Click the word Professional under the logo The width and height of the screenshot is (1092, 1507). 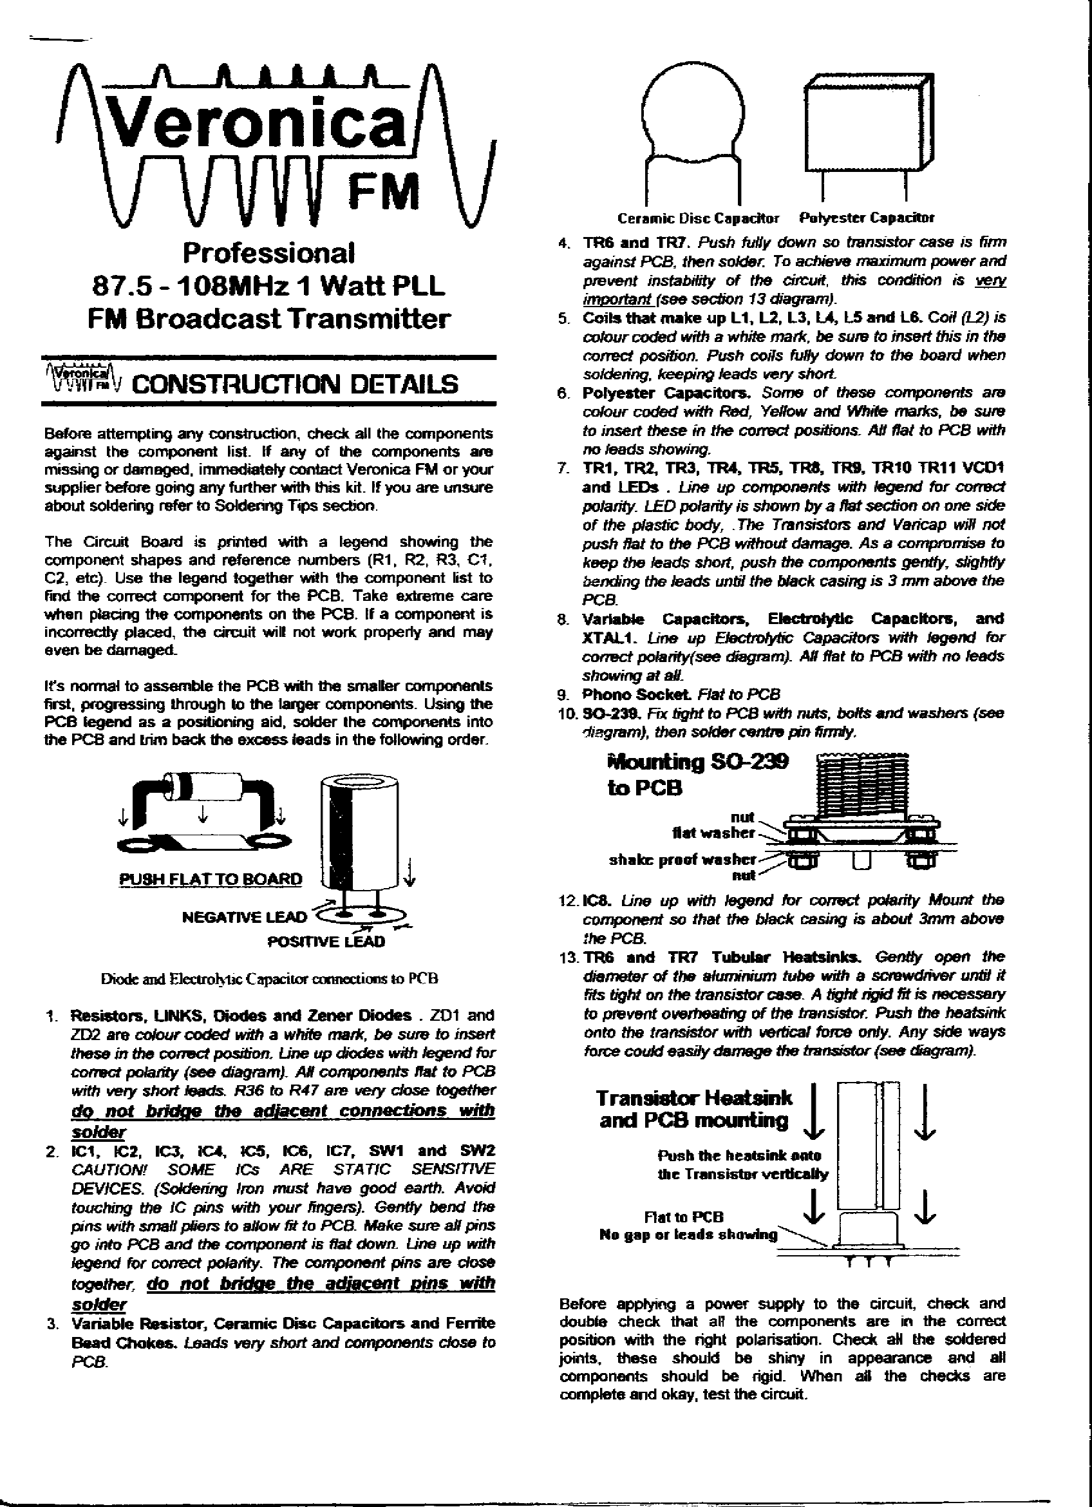[268, 253]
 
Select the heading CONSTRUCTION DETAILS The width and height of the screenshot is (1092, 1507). [296, 384]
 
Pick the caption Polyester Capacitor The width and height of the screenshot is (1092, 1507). [866, 218]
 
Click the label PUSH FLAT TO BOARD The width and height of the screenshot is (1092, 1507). [210, 878]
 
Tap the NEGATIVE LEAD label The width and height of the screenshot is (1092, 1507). [245, 918]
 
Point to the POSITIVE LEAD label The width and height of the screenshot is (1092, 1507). [325, 942]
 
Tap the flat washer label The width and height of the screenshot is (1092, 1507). [713, 833]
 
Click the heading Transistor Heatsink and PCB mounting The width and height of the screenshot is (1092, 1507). [693, 1109]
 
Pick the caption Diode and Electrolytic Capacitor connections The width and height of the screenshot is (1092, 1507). [269, 979]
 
